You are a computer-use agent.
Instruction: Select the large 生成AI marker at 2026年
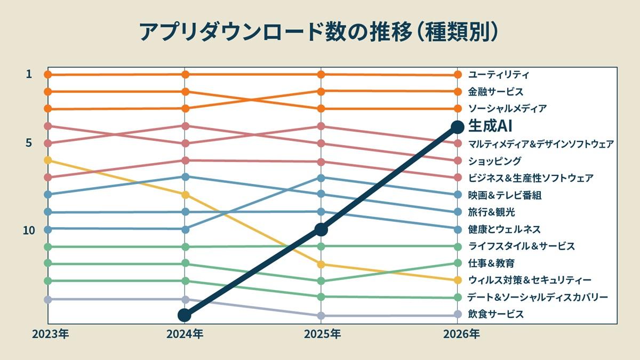point(457,126)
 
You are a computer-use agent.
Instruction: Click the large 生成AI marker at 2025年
point(321,229)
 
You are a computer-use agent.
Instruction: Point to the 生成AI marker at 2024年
point(184,315)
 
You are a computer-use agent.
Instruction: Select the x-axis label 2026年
point(461,334)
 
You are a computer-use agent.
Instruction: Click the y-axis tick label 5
point(29,143)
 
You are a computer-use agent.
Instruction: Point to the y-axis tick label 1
point(29,74)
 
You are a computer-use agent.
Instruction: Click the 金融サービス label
point(495,92)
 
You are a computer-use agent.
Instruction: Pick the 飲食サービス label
point(495,314)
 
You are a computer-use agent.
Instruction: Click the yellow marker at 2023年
point(47,160)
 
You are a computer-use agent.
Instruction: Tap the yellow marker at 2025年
point(321,264)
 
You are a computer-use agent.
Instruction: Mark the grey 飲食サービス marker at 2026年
point(457,315)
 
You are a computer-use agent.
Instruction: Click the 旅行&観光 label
point(491,212)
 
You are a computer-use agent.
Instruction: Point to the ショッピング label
point(494,161)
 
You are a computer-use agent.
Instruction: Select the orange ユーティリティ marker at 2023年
point(47,74)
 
